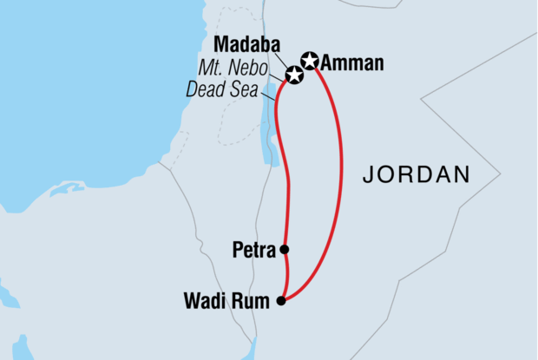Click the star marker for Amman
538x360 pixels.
pyautogui.click(x=310, y=61)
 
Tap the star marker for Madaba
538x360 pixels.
pyautogui.click(x=294, y=75)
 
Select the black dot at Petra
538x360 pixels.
pyautogui.click(x=285, y=250)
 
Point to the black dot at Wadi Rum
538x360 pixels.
pyautogui.click(x=280, y=302)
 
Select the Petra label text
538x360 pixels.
pyautogui.click(x=254, y=251)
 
